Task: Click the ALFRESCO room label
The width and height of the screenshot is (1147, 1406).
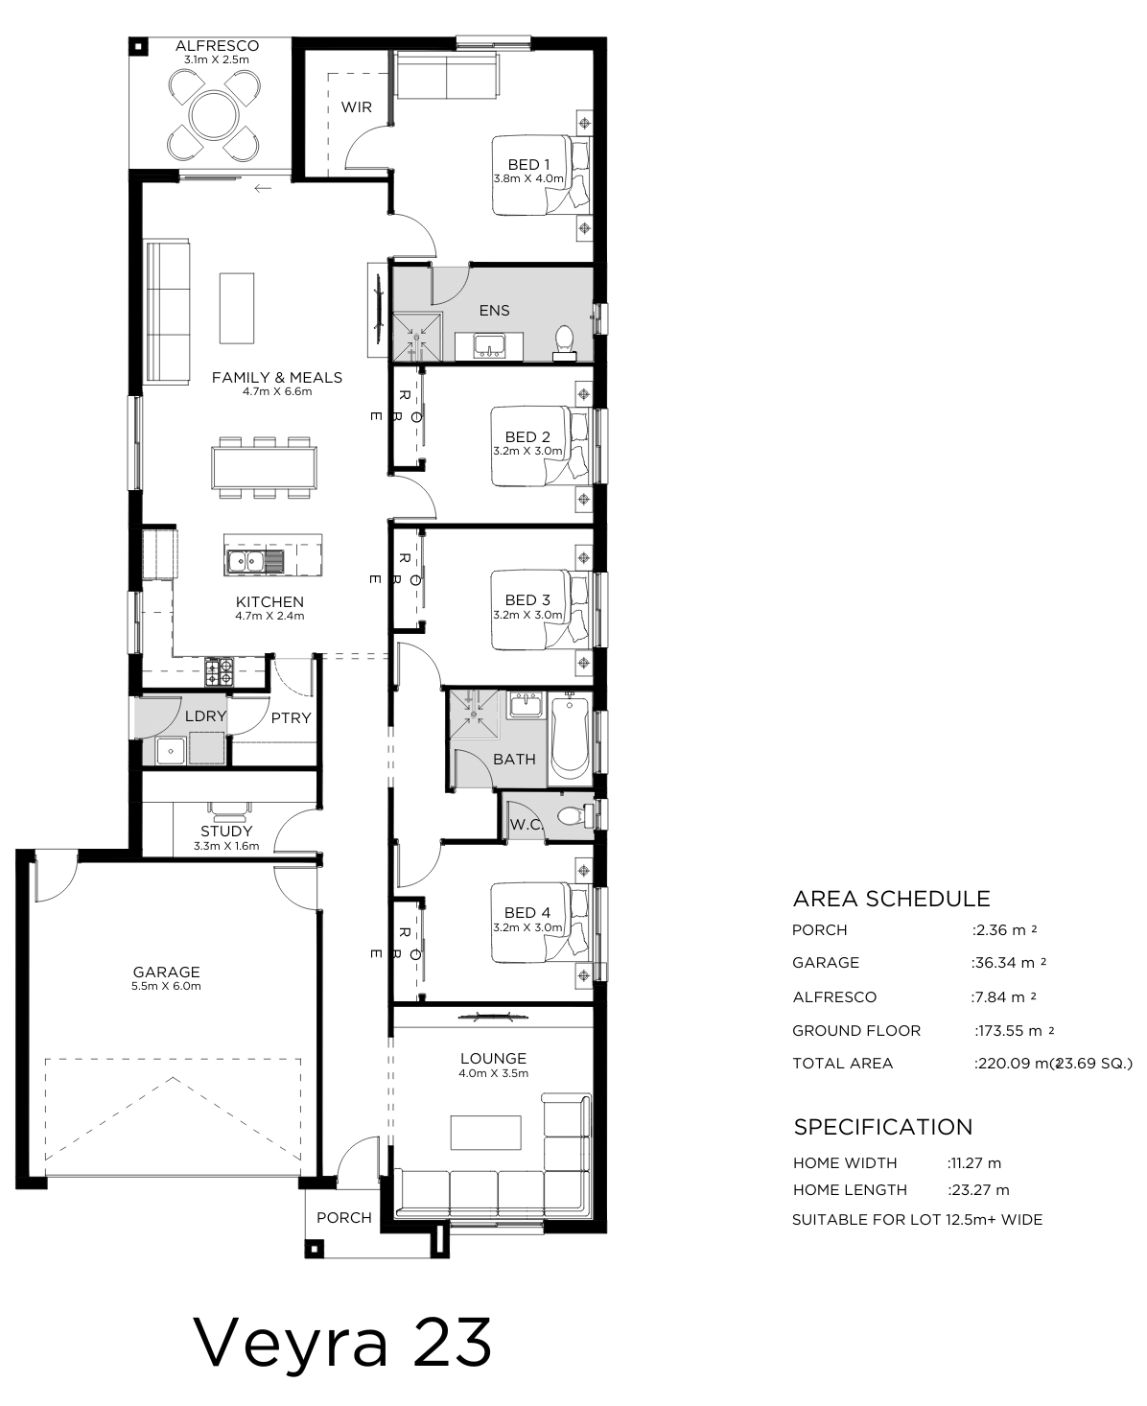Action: pos(217,46)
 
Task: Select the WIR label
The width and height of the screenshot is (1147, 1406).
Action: pos(356,107)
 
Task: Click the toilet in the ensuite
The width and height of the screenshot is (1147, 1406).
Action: pos(565,342)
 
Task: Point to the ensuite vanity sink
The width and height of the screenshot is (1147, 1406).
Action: pos(489,346)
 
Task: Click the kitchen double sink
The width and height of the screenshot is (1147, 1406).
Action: pos(246,561)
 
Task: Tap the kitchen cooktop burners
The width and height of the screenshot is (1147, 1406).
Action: pos(220,671)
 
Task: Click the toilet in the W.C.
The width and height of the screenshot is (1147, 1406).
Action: pos(573,815)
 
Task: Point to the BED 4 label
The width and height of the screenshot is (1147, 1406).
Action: pos(527,913)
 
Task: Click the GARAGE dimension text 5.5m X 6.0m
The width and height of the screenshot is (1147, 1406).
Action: pos(166,986)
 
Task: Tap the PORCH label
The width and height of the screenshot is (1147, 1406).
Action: pos(344,1218)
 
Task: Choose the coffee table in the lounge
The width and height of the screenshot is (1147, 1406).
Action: pos(486,1133)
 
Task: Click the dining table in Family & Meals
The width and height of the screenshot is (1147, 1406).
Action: pos(264,467)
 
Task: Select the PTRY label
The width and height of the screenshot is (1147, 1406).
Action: pos(292,718)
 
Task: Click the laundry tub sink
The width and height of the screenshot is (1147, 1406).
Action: pos(172,751)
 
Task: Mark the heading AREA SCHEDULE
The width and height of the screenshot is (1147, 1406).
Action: pos(891,899)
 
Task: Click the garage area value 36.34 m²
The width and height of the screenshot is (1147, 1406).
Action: pos(1009,963)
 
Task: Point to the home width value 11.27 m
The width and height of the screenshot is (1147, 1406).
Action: pos(974,1163)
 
